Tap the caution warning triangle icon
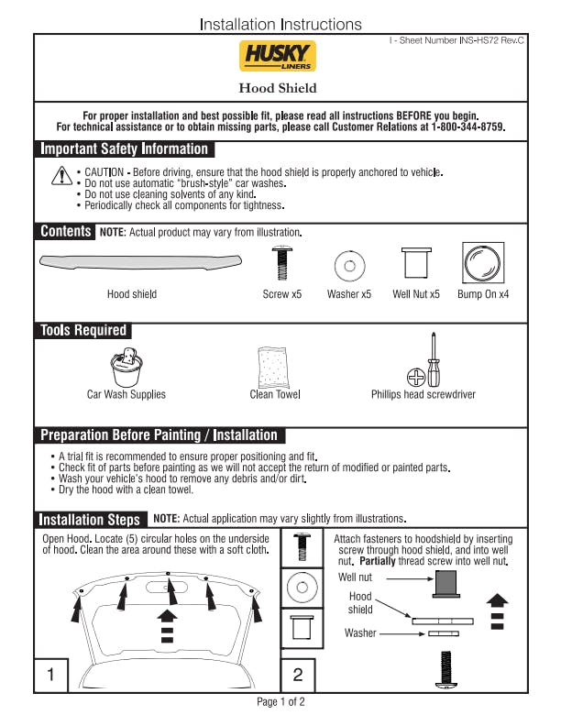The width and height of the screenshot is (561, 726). coord(60,176)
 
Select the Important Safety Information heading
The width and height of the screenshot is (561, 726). coord(125,149)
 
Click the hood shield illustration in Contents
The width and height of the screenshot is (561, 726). coord(140,263)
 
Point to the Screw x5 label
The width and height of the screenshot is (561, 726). coord(282,294)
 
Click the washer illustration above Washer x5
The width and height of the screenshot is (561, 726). coord(348,267)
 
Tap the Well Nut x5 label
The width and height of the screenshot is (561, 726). coord(415,294)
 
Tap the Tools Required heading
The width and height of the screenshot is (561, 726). coord(83,330)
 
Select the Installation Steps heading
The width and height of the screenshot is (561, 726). coord(90,519)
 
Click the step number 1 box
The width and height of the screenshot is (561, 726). coord(51,676)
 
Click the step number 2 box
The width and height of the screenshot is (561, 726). coord(298,676)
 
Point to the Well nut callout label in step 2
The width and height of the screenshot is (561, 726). coord(356,577)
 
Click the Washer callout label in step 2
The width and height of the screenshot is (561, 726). coord(360,632)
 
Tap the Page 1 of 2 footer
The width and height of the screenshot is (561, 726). coord(280,702)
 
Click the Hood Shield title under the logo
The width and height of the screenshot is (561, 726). coord(278,88)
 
